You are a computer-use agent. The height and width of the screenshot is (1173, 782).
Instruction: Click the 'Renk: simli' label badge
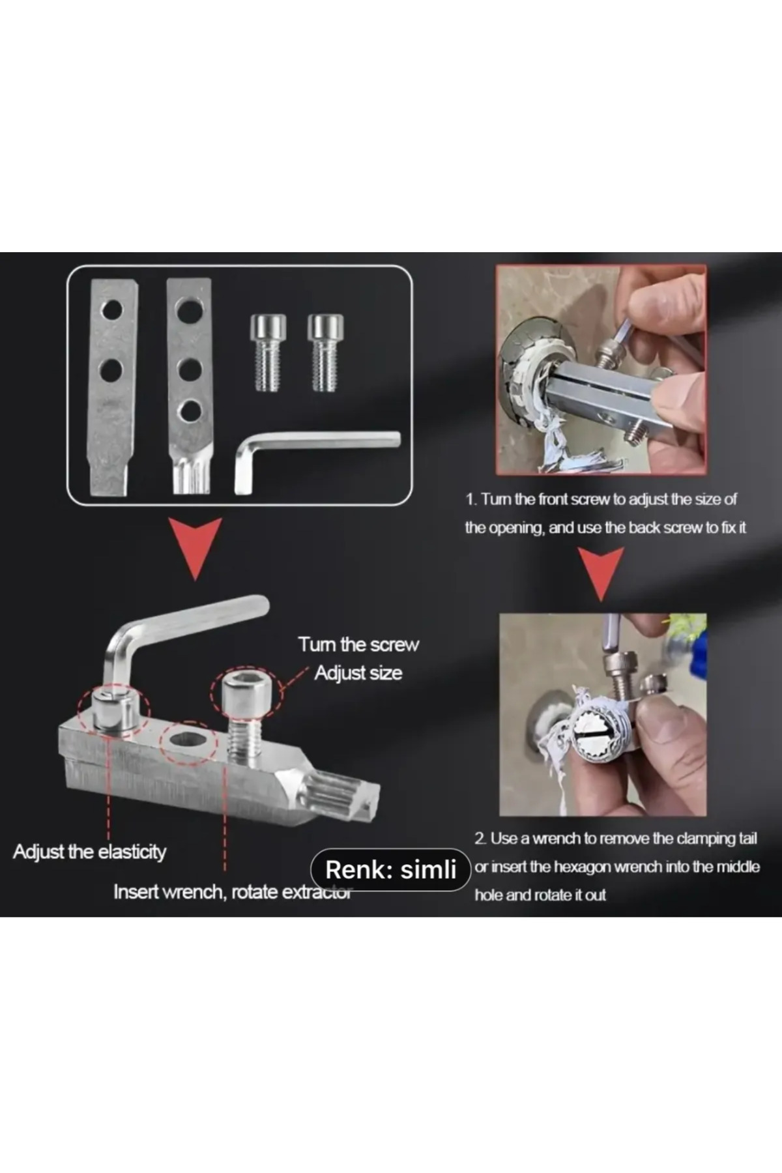(390, 869)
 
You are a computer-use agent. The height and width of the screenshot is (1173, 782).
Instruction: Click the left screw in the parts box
(268, 353)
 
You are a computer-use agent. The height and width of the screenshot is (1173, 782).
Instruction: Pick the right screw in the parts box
(325, 353)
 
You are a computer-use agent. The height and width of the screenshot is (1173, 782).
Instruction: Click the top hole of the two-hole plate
(111, 310)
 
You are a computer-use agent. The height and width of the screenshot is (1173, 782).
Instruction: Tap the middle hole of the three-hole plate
(190, 369)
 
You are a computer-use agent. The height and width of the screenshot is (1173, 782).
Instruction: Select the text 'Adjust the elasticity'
(89, 852)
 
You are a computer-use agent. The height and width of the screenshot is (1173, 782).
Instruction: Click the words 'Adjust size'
(358, 673)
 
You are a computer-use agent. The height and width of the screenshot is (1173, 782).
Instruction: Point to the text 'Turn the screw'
(358, 644)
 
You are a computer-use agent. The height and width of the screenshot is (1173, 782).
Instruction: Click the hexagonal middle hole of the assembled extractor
(189, 741)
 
